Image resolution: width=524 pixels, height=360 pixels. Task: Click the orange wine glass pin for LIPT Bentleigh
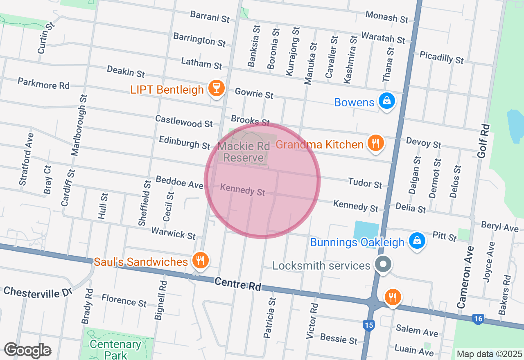(216, 88)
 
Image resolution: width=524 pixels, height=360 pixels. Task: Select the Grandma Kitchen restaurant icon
(375, 143)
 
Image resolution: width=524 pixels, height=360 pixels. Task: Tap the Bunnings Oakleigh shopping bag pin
(417, 241)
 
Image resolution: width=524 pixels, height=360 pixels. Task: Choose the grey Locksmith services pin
(383, 264)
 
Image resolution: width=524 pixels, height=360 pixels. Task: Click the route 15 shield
(368, 326)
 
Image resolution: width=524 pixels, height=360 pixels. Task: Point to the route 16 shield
(478, 319)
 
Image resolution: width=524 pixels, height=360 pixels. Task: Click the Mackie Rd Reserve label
(244, 152)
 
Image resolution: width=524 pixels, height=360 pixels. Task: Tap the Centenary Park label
(115, 349)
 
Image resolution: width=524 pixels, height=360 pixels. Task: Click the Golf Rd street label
(483, 141)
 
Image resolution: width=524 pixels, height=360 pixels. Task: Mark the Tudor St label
(365, 183)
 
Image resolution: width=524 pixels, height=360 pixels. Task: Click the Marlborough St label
(79, 125)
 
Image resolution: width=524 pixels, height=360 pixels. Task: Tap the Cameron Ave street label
(466, 277)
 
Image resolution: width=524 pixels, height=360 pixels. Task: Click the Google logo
(27, 351)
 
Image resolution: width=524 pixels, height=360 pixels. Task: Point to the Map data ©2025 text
(489, 354)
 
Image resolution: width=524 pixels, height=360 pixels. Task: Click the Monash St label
(387, 17)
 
